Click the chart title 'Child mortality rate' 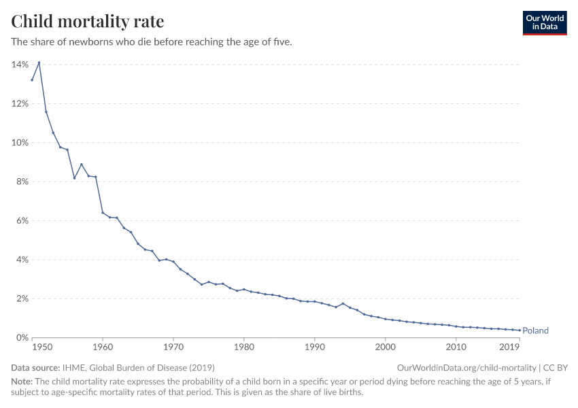[x=87, y=21]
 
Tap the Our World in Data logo [x=544, y=22]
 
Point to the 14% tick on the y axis [x=20, y=65]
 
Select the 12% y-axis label [x=20, y=103]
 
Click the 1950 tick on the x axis [x=42, y=347]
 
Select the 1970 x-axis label [x=173, y=347]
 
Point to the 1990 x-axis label [x=314, y=347]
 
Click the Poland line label [x=535, y=331]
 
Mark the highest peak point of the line [x=39, y=63]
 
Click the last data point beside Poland [x=520, y=330]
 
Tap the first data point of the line [x=32, y=80]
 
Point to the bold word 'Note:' [x=22, y=381]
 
